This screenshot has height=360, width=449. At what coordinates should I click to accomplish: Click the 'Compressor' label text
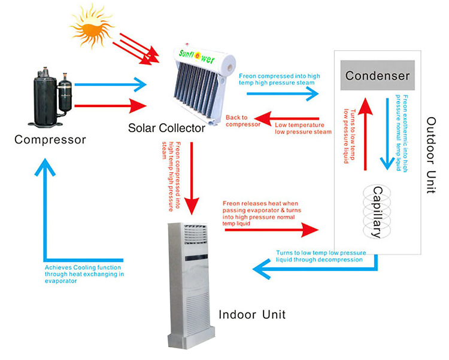(x=50, y=140)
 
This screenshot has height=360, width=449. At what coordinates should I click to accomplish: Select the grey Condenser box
(x=377, y=76)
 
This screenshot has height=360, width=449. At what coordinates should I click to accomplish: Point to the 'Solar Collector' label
(x=167, y=128)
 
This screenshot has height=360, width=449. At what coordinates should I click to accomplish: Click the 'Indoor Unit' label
(x=252, y=314)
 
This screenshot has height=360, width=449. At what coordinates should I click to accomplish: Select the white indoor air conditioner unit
(x=190, y=281)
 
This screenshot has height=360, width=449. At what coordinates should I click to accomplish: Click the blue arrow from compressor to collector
(x=111, y=86)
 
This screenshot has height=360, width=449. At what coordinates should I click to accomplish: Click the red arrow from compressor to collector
(x=111, y=107)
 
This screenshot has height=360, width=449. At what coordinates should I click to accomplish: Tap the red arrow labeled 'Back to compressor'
(x=275, y=115)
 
